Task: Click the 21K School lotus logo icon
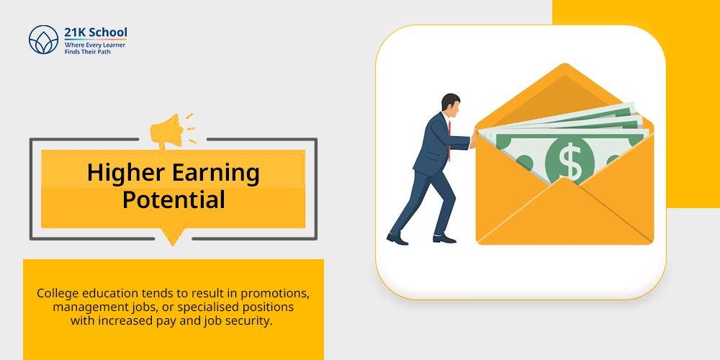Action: (x=44, y=40)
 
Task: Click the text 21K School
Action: (x=96, y=32)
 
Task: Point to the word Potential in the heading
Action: (x=174, y=200)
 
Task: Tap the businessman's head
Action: (x=451, y=103)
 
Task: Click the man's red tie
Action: (x=449, y=140)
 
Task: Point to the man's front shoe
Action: (x=444, y=239)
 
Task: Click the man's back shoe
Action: (x=397, y=239)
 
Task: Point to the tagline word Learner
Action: (x=114, y=45)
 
